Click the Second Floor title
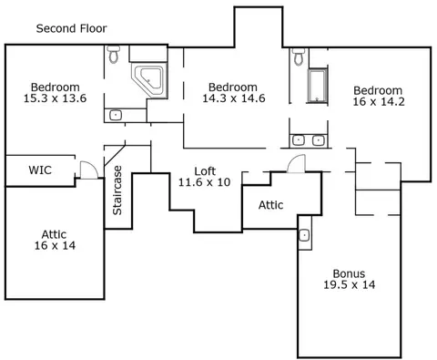(71, 28)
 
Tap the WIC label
(40, 170)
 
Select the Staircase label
(117, 190)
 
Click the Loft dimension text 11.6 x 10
(204, 182)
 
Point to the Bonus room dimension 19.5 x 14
(349, 285)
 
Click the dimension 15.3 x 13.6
(55, 98)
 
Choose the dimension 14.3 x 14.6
(234, 98)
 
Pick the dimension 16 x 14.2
(379, 102)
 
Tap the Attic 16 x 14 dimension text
(55, 245)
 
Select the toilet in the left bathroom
(114, 54)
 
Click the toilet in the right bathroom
(299, 57)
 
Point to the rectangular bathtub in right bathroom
(318, 86)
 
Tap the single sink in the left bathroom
(116, 115)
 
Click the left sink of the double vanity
(299, 140)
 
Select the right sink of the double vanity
(319, 140)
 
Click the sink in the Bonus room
(304, 235)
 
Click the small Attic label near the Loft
(270, 205)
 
